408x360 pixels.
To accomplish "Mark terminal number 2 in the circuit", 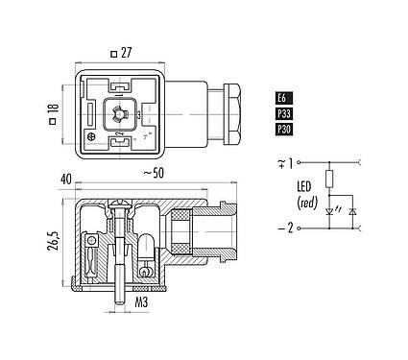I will [289, 229].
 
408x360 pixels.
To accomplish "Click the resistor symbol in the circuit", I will [329, 180].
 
